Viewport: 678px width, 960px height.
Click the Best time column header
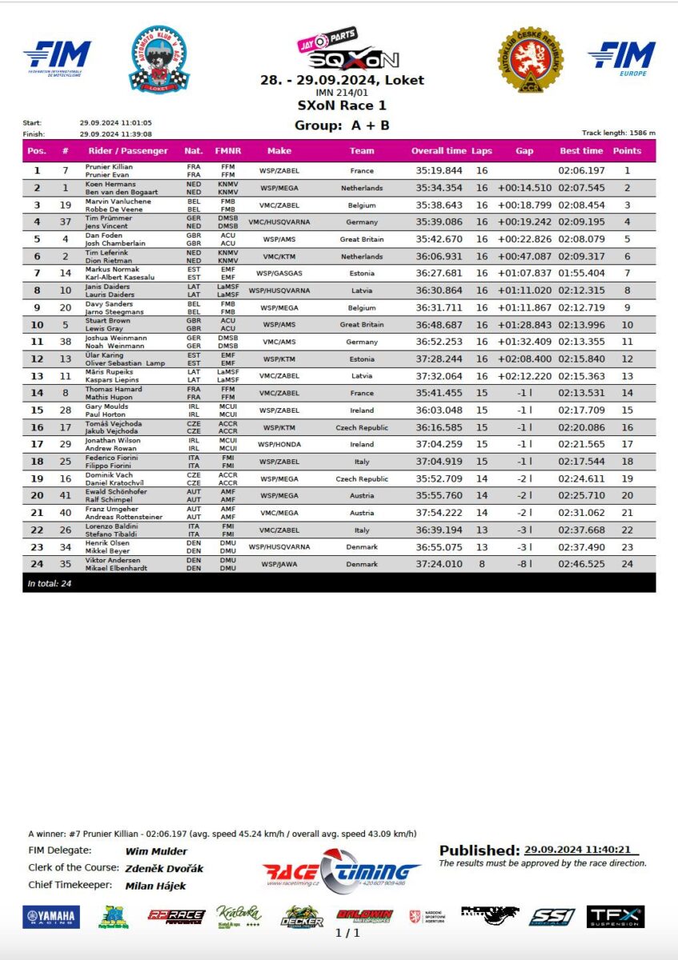(581, 150)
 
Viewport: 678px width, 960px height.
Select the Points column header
(627, 150)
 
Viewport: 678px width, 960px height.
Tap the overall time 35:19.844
(439, 170)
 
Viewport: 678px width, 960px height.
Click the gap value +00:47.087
(524, 256)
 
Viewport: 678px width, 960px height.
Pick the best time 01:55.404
(581, 273)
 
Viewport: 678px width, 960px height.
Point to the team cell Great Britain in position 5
(362, 239)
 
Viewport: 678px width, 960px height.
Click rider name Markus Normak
(111, 270)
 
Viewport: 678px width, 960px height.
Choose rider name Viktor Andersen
(113, 560)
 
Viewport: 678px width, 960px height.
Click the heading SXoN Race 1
(342, 105)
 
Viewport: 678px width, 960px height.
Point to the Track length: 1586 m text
(619, 133)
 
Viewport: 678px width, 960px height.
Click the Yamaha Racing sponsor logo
(52, 917)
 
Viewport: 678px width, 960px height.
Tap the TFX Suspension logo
(615, 917)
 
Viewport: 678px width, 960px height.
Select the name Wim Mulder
(156, 851)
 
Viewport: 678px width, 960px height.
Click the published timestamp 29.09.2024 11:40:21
(577, 850)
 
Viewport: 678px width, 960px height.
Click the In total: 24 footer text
(50, 583)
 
